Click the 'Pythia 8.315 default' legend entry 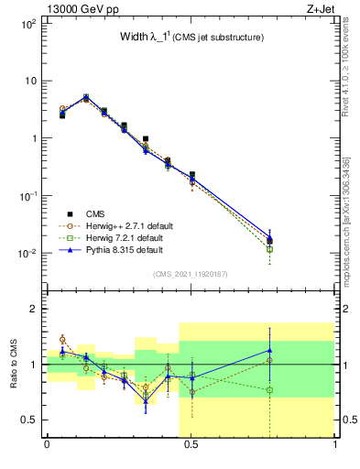123,249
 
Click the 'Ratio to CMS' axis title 14,364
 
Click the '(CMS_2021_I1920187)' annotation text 191,274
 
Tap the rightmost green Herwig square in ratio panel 269,390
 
